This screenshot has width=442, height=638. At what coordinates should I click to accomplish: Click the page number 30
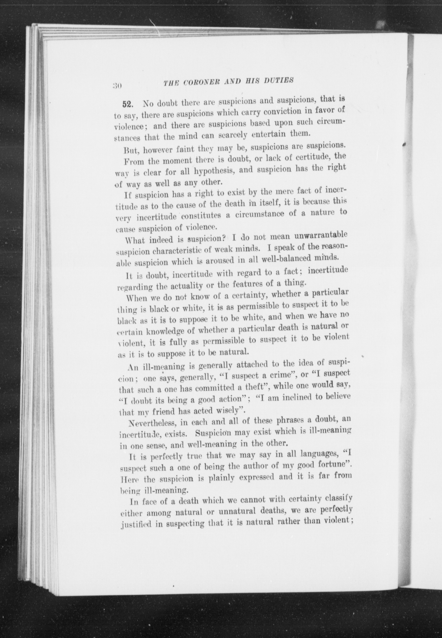tap(116, 85)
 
